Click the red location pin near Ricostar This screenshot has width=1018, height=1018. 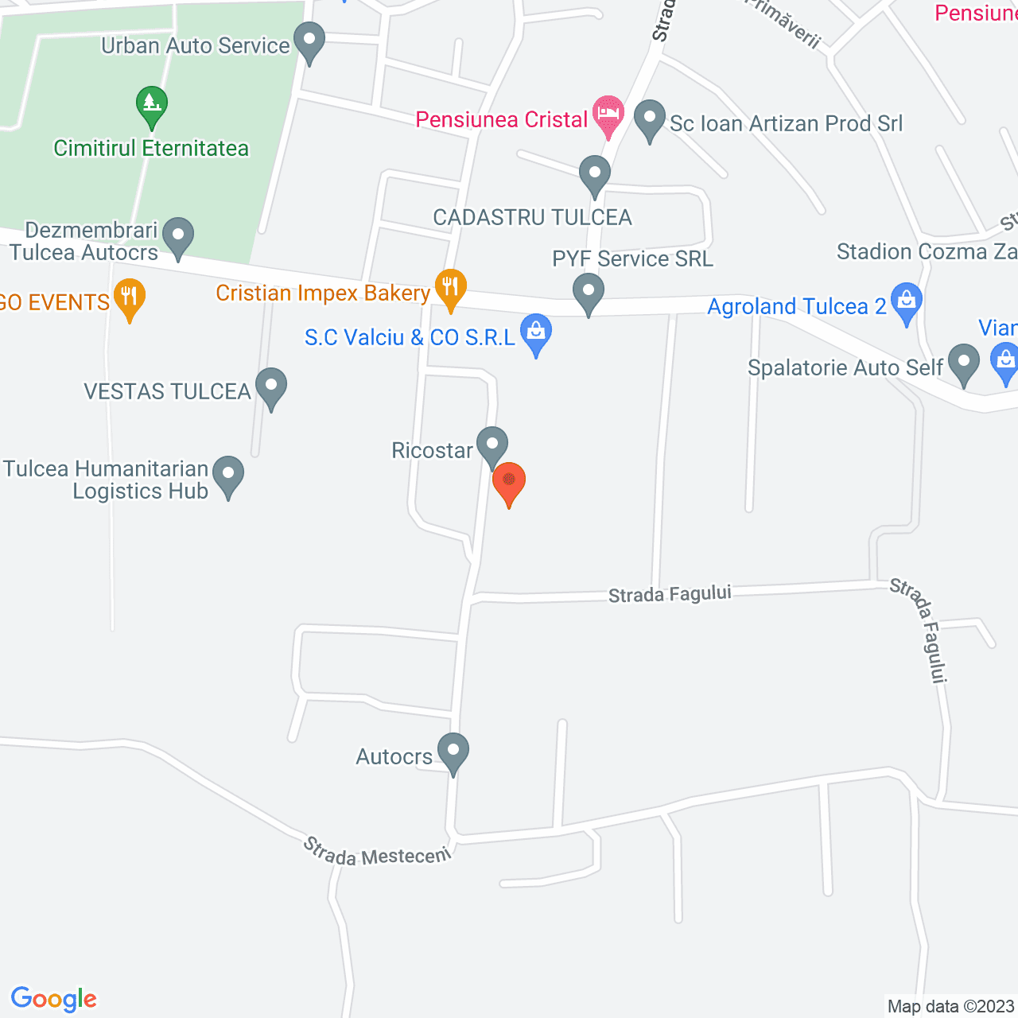click(x=509, y=482)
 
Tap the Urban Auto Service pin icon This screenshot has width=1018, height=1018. click(x=309, y=41)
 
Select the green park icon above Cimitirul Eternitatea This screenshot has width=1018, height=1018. click(x=151, y=106)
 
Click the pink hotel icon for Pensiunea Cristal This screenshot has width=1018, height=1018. click(x=608, y=115)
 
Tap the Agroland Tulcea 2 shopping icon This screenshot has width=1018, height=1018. click(x=906, y=303)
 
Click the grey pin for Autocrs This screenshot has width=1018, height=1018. click(x=453, y=752)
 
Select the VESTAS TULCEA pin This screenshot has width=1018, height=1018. click(x=271, y=387)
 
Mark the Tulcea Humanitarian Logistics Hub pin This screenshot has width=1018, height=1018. click(x=228, y=475)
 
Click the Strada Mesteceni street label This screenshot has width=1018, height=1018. click(x=377, y=852)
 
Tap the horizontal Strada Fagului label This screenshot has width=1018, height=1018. click(x=670, y=594)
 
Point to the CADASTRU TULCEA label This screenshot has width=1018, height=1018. click(x=532, y=217)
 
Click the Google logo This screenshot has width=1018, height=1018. click(x=54, y=999)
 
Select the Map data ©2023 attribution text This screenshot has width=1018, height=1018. click(x=950, y=1006)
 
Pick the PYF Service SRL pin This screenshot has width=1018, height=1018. click(x=589, y=292)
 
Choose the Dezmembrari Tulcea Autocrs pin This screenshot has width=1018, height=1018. click(x=178, y=236)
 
